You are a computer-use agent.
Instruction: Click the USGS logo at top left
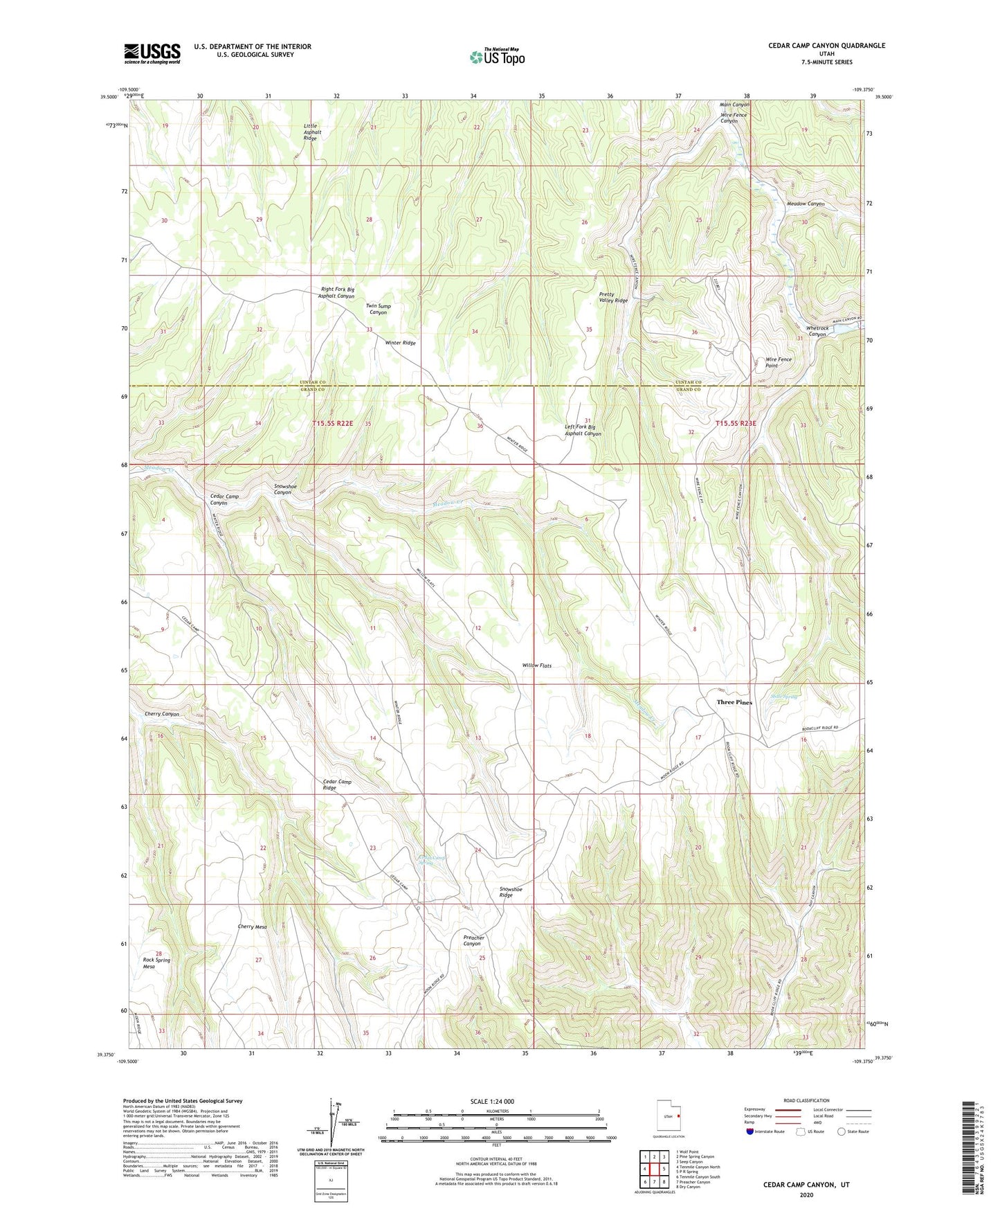coord(152,53)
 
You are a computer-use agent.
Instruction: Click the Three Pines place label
coord(734,702)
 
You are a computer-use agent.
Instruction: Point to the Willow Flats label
coord(536,665)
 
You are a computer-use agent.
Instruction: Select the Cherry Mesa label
coord(252,926)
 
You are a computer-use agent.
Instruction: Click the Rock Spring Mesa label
coord(156,963)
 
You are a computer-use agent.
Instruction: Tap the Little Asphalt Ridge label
coord(312,132)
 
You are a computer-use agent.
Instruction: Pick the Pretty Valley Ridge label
coord(612,297)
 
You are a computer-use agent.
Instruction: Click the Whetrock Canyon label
coord(817,331)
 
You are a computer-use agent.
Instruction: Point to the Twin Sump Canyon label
coord(378,309)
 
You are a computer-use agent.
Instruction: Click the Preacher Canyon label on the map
coord(473,940)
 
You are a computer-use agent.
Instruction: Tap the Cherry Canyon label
coord(161,714)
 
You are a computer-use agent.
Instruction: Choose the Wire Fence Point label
coord(778,362)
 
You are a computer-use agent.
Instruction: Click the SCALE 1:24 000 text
coord(491,1101)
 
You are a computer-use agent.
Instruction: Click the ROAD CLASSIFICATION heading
coord(806,1100)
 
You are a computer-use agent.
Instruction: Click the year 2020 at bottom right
coord(806,1194)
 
